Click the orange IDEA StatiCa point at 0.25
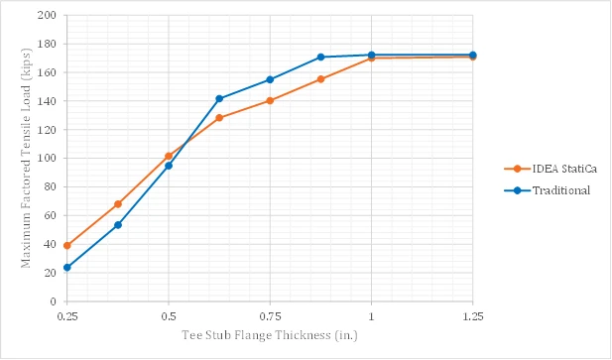pos(67,245)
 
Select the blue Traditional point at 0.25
pos(67,267)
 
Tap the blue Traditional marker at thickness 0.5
pos(169,166)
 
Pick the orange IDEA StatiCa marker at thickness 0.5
pos(169,156)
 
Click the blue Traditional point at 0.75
pos(270,79)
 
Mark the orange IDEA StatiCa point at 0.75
pos(270,100)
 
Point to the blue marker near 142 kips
pos(219,99)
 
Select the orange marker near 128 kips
pos(219,118)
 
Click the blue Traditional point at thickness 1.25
pos(473,55)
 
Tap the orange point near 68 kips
pos(118,204)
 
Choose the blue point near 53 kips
pos(118,225)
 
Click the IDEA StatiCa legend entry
pos(551,169)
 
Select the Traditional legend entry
pos(548,190)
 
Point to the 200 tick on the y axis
pos(47,15)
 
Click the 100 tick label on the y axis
pos(47,159)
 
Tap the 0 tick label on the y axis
pos(54,301)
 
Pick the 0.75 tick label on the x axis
pos(270,316)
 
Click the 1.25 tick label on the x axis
pos(473,316)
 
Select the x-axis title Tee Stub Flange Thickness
pos(270,335)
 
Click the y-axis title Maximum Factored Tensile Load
pos(26,158)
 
